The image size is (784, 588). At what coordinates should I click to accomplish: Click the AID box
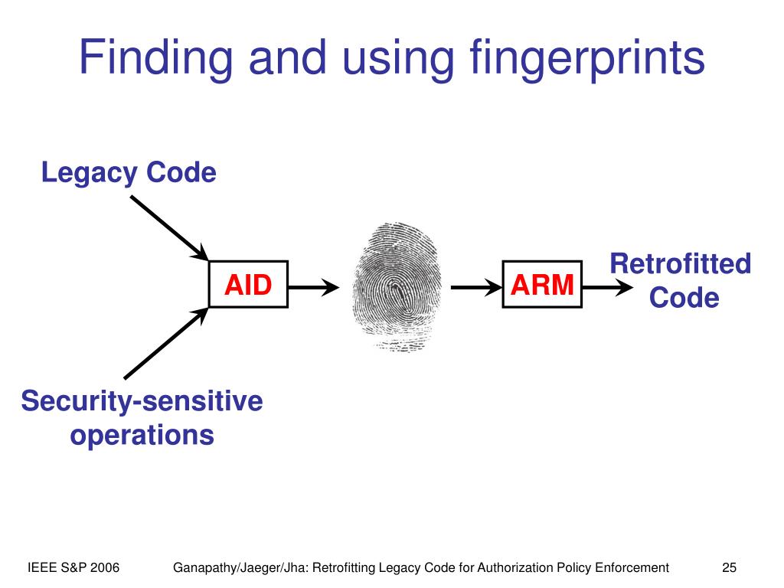tap(248, 285)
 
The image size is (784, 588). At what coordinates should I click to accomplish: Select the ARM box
tap(542, 285)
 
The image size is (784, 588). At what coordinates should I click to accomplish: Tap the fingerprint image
tap(395, 287)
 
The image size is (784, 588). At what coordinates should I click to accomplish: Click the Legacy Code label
tap(129, 172)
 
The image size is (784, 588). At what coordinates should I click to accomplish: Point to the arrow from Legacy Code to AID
tap(168, 227)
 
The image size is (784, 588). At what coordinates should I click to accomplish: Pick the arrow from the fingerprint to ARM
tap(475, 288)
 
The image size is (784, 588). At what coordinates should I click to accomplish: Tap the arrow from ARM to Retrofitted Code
tap(608, 288)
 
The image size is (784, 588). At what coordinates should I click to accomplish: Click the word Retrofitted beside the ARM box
tap(681, 264)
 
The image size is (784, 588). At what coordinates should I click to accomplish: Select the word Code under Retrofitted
tap(684, 298)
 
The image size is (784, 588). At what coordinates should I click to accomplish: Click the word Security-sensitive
tap(142, 400)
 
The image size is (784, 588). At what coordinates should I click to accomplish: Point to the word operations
tap(142, 435)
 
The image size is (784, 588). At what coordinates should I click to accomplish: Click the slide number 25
tap(729, 567)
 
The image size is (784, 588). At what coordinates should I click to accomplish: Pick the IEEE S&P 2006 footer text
tap(73, 567)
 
